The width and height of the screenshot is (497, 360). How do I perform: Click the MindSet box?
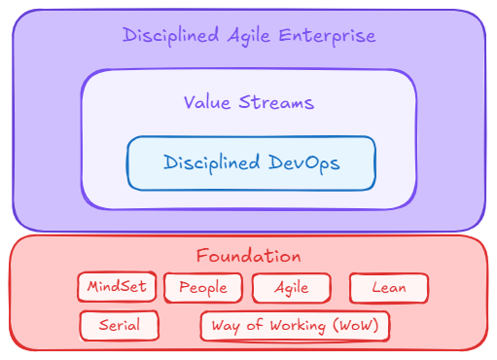coord(117,287)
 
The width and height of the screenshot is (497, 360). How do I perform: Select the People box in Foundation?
coord(202,287)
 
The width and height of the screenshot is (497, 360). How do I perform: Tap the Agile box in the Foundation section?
coord(291,287)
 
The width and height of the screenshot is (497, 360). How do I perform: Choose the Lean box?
coord(388,287)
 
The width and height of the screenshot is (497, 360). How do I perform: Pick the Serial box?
coord(119,325)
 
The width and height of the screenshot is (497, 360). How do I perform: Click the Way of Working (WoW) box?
coord(295,325)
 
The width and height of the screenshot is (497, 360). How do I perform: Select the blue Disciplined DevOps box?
coord(251,162)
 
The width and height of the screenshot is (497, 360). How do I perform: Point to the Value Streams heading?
coord(249,102)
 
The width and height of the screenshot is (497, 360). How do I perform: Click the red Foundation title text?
coord(248,257)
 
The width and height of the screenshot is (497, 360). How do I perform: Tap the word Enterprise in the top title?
coord(327,36)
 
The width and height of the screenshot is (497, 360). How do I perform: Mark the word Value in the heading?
coord(207,102)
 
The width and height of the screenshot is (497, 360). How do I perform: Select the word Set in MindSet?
coord(134,287)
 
